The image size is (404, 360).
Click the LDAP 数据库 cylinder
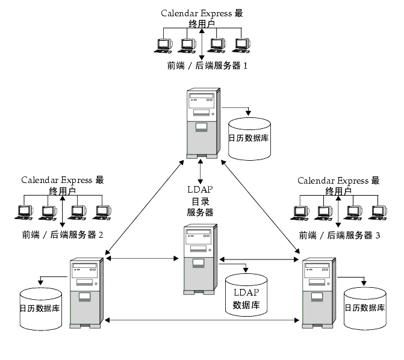pos(246,295)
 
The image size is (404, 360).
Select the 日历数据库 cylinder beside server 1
pos(249,139)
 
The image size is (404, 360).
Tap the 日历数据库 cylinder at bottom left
pos(41,309)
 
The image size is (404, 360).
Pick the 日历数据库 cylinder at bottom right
pos(365,308)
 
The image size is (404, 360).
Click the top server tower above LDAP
pos(204,123)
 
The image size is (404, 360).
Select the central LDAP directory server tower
pos(200,259)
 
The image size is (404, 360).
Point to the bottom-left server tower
pos(87,293)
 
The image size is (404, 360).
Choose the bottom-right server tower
pos(319,293)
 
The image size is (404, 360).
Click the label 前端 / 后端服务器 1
pos(207,66)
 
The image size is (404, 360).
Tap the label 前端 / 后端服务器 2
pos(63,235)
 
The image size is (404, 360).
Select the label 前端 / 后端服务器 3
pos(340,235)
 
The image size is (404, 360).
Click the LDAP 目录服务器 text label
pos(200,200)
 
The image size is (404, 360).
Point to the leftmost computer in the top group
pos(163,46)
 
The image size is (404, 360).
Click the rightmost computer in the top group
pos(241,46)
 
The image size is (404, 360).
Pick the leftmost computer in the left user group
pos(24,213)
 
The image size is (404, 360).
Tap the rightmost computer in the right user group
pos(378,213)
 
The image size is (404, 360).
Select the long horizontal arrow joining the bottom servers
pos(202,320)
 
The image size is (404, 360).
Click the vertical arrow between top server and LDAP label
pos(200,172)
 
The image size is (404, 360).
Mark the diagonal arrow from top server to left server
pos(145,207)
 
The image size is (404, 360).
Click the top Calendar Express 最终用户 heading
pos(202,18)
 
